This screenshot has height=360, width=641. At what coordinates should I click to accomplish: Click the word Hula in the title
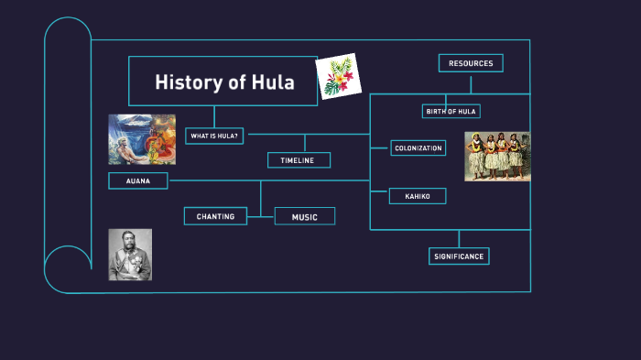[273, 82]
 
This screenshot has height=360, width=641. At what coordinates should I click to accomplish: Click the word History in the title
[189, 82]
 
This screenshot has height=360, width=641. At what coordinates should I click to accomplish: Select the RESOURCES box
[471, 63]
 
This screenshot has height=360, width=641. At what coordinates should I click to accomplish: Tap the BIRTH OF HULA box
[451, 111]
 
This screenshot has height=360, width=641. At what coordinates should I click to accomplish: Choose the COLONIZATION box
[418, 147]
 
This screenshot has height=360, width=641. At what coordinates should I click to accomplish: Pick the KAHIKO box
[418, 196]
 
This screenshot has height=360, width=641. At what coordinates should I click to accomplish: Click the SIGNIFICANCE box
[459, 256]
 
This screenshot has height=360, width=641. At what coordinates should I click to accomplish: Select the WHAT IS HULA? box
[214, 136]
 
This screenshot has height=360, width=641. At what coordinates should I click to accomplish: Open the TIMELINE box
[299, 160]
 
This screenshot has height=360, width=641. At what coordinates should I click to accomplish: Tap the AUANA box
[137, 180]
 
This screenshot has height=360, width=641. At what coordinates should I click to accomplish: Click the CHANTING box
[215, 216]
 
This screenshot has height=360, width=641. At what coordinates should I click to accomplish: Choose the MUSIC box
[304, 216]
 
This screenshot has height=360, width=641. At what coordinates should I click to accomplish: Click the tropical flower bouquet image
[338, 77]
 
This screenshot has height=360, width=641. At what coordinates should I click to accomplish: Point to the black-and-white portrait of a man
[130, 254]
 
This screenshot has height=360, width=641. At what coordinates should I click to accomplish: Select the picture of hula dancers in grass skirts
[496, 157]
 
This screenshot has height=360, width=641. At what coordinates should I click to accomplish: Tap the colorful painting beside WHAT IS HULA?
[142, 138]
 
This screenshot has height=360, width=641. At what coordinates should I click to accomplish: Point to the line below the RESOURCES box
[471, 83]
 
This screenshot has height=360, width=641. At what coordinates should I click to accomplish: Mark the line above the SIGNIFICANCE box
[459, 238]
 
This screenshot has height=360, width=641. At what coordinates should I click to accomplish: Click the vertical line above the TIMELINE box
[305, 143]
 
